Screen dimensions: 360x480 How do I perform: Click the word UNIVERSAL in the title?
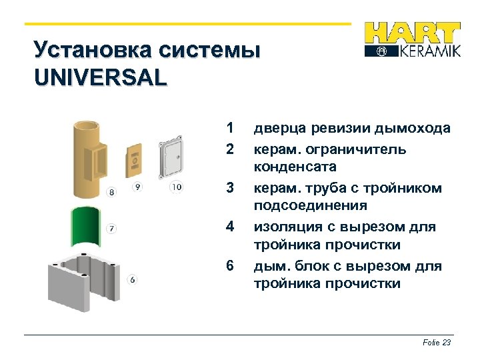pyautogui.click(x=100, y=77)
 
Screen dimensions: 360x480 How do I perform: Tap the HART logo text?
pyautogui.click(x=413, y=33)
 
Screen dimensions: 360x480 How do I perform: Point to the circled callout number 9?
pyautogui.click(x=137, y=187)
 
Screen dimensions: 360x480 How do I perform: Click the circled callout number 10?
pyautogui.click(x=176, y=187)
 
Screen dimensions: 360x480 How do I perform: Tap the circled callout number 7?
pyautogui.click(x=111, y=229)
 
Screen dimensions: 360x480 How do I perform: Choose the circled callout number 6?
pyautogui.click(x=133, y=279)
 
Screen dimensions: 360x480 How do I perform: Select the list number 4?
pyautogui.click(x=230, y=227)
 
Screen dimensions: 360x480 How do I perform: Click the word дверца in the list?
pyautogui.click(x=277, y=129)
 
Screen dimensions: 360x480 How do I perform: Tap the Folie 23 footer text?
pyautogui.click(x=437, y=343)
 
